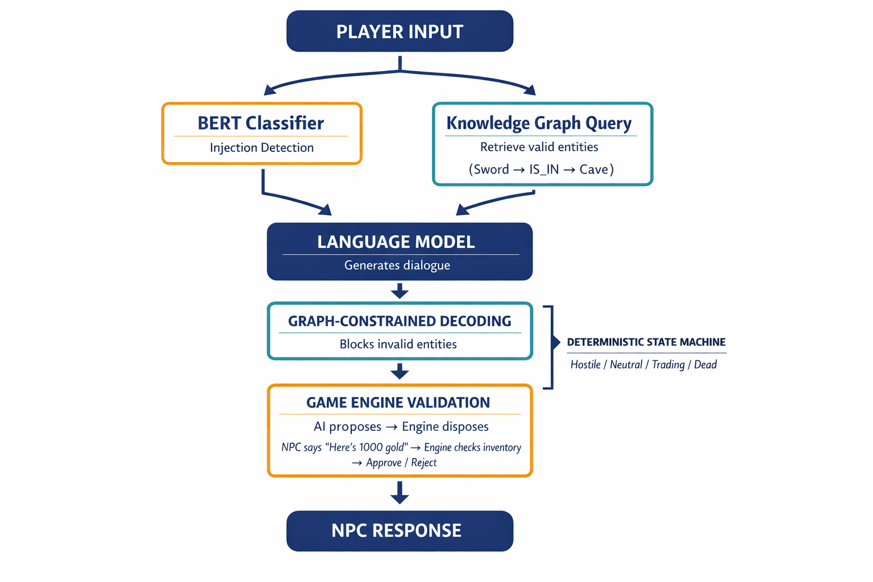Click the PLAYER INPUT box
point(400,31)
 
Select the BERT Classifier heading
point(261,123)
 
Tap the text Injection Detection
point(261,148)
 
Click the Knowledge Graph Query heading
point(539,123)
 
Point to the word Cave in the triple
point(593,169)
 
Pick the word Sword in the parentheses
point(491,169)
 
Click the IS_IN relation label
point(544,169)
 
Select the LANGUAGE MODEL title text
point(396,242)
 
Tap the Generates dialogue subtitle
point(397,265)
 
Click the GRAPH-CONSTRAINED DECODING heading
point(400,321)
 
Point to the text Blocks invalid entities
point(398,344)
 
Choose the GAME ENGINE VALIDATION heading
point(398,403)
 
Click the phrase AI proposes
point(347,427)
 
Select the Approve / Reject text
point(401,463)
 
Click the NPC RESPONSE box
point(400,531)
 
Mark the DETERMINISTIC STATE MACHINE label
point(646,342)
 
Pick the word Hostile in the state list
point(585,365)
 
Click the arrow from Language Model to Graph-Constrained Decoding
point(400,291)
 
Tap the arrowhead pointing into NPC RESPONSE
point(400,498)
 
